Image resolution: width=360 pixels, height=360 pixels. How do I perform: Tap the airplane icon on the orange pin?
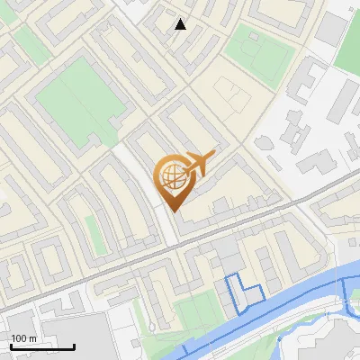click(196, 164)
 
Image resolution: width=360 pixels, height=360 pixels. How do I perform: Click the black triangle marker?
click(181, 24)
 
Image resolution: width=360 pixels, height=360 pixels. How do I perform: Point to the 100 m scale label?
click(24, 338)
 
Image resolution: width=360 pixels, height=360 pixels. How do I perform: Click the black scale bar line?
click(42, 346)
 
